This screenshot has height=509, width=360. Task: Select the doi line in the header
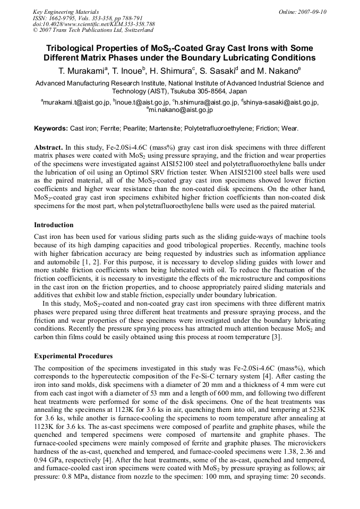[x=93, y=24]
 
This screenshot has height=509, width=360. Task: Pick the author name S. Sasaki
[x=217, y=71]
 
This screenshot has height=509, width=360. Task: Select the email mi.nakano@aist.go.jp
[x=181, y=110]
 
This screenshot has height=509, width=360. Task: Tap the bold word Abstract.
[x=48, y=146]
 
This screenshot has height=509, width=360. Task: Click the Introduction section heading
[x=54, y=225]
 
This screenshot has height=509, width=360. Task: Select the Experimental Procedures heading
[x=73, y=356]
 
